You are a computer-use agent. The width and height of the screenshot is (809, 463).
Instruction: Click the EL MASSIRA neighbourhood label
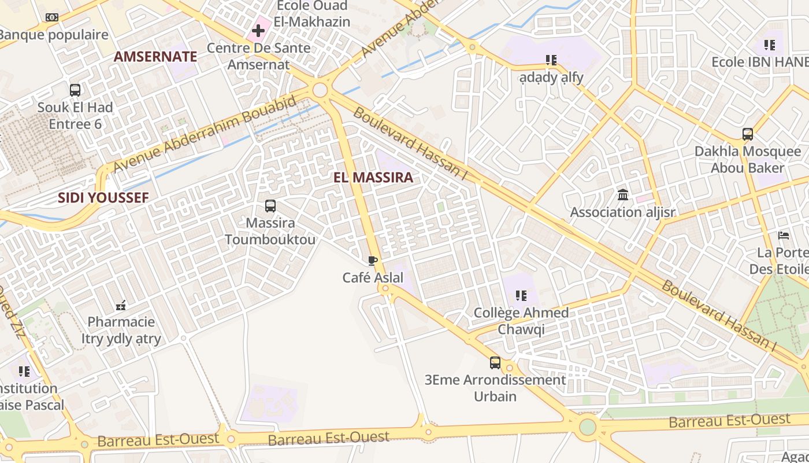[x=373, y=178]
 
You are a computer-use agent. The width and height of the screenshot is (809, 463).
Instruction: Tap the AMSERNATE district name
[x=155, y=57]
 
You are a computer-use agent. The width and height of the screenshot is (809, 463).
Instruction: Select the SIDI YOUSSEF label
[x=103, y=198]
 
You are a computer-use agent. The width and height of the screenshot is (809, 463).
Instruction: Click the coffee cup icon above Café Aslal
[x=373, y=261]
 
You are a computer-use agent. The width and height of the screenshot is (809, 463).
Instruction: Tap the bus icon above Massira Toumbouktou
[x=270, y=205]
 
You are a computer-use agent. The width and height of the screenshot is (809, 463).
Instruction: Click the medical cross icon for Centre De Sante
[x=258, y=30]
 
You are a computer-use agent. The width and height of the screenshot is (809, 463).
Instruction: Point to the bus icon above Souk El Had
[x=75, y=90]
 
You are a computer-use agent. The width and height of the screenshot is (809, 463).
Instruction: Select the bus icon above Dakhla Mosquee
[x=747, y=134]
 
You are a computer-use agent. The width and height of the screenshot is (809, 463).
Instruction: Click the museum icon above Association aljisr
[x=622, y=195]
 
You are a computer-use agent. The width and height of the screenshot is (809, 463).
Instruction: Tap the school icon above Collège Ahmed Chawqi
[x=521, y=296]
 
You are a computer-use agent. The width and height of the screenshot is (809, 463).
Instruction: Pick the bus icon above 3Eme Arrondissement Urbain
[x=495, y=363]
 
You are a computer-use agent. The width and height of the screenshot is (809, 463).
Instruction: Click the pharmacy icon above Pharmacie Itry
[x=121, y=305]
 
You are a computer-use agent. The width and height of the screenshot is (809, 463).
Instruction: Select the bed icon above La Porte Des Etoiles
[x=784, y=236]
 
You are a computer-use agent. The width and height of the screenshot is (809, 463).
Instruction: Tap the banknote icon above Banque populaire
[x=52, y=17]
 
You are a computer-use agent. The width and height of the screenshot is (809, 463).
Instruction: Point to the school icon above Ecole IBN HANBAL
[x=769, y=45]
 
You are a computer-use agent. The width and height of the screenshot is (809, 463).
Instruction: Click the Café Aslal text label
[x=373, y=278]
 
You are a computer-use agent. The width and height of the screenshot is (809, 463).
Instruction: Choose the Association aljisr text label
[x=622, y=212]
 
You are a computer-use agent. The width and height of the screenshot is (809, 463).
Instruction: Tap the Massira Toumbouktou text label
[x=270, y=231]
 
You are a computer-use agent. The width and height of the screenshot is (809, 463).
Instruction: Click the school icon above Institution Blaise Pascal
[x=24, y=371]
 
